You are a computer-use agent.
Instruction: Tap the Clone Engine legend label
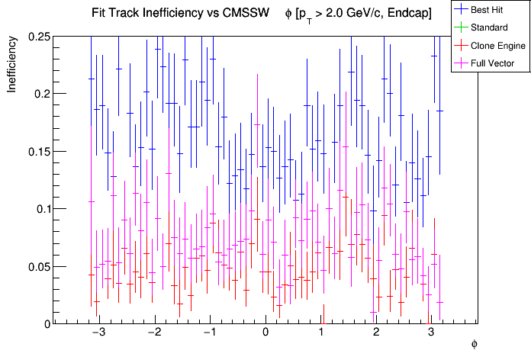(x=498, y=45)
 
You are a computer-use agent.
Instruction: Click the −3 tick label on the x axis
(x=98, y=333)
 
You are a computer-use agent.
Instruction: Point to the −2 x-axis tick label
(x=153, y=333)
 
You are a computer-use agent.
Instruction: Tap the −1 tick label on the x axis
(x=209, y=333)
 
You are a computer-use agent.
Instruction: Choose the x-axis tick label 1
(x=321, y=333)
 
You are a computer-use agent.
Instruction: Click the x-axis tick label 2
(x=376, y=333)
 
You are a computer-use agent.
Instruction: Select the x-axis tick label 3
(x=432, y=333)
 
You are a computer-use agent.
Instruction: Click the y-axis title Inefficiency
(x=12, y=66)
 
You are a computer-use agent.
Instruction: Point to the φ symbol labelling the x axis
(x=474, y=345)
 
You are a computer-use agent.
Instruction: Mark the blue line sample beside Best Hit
(x=461, y=10)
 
